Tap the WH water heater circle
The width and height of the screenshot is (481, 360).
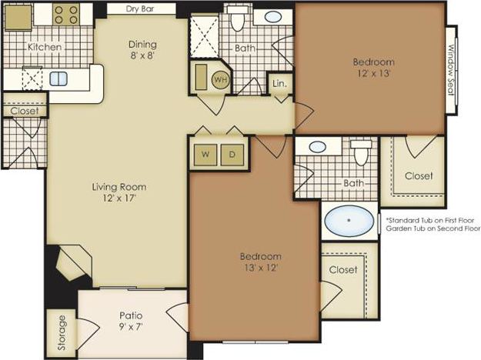pos(221,79)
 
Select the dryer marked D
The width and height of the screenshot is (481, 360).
pos(233,155)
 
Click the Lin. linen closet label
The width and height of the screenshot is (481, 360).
pos(279,83)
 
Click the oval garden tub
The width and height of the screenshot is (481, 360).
pos(349,221)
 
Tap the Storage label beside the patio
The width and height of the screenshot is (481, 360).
pos(61,333)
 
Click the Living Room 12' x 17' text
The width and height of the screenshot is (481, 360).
pos(119,192)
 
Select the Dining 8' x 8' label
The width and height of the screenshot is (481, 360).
pos(142,50)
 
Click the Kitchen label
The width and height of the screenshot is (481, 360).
pos(45,47)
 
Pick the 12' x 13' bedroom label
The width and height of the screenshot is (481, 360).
pos(373,68)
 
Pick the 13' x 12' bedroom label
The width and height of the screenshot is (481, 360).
pos(260,262)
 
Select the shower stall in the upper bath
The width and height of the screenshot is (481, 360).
pos(205,35)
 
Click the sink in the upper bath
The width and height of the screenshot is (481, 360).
pos(272,17)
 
